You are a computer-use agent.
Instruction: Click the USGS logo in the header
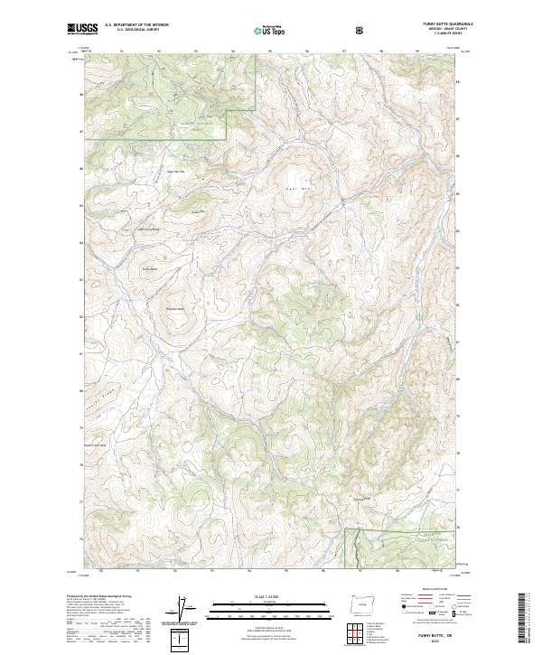pos(82,29)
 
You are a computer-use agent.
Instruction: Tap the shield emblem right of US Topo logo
pos(359,29)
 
